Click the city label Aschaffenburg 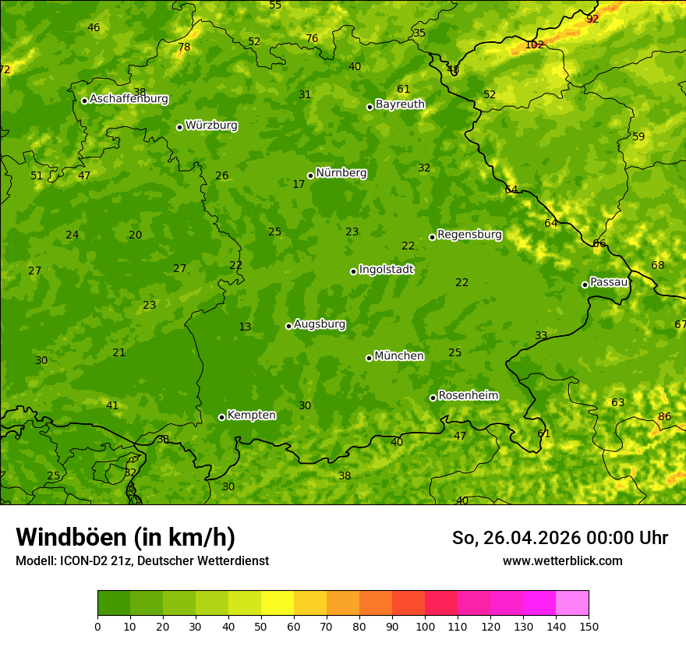pyautogui.click(x=129, y=99)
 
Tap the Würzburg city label pyautogui.click(x=211, y=126)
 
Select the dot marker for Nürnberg pyautogui.click(x=310, y=175)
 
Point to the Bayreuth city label pyautogui.click(x=400, y=104)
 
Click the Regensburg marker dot pyautogui.click(x=432, y=237)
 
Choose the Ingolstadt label pyautogui.click(x=386, y=270)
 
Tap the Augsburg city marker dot pyautogui.click(x=288, y=326)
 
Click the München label pyautogui.click(x=399, y=356)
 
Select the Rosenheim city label pyautogui.click(x=468, y=396)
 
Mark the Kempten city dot pyautogui.click(x=221, y=417)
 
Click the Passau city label pyautogui.click(x=609, y=282)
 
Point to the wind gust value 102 pyautogui.click(x=534, y=45)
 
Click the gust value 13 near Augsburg pyautogui.click(x=245, y=327)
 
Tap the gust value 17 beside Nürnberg pyautogui.click(x=299, y=185)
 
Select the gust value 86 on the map pyautogui.click(x=664, y=417)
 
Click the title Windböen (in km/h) pyautogui.click(x=126, y=537)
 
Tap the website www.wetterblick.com pyautogui.click(x=562, y=561)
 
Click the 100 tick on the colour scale pyautogui.click(x=425, y=626)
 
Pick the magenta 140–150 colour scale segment pyautogui.click(x=572, y=603)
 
